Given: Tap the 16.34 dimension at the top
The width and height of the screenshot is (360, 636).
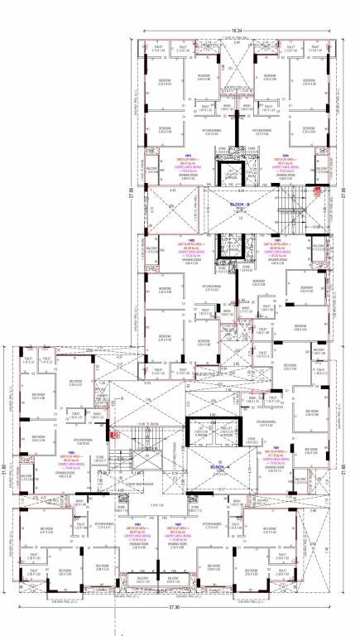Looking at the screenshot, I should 236,31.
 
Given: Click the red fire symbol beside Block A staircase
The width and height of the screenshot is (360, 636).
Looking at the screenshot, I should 115,433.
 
